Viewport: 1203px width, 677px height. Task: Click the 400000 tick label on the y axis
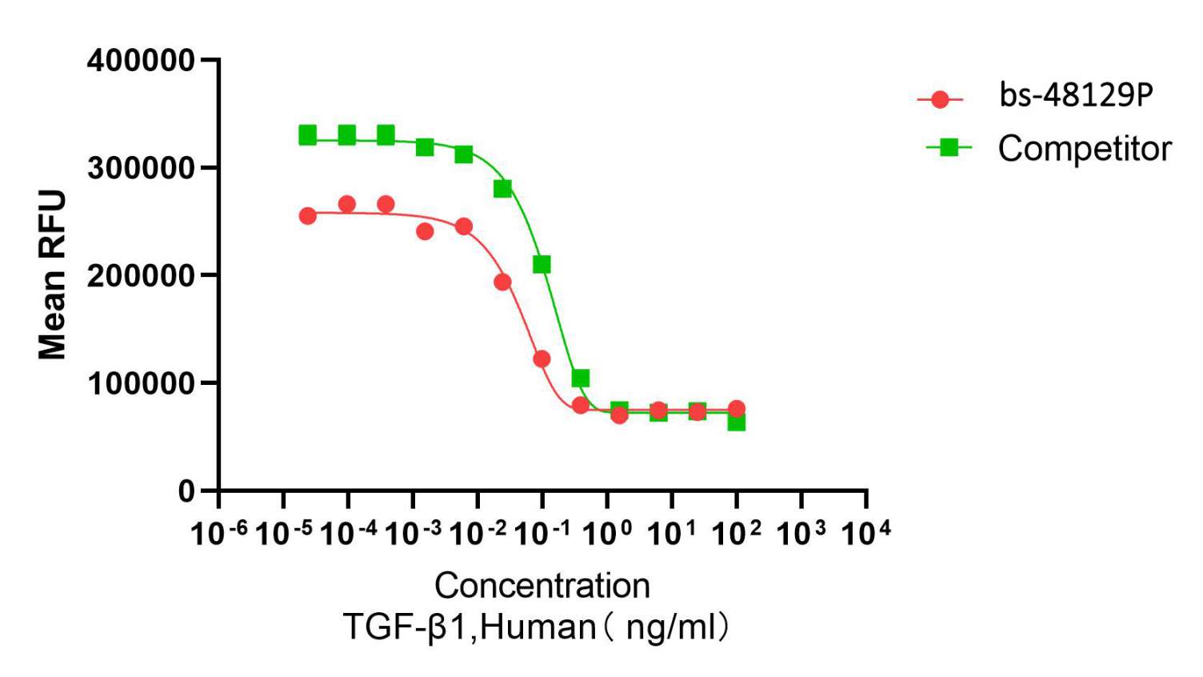[141, 61]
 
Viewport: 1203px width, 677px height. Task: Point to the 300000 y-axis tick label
[141, 169]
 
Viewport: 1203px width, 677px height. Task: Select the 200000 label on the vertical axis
[141, 276]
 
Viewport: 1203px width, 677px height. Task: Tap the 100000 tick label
[141, 384]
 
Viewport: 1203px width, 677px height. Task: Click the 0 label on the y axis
[186, 491]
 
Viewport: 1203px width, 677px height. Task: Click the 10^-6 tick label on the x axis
[218, 533]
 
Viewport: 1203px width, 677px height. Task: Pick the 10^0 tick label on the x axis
[607, 533]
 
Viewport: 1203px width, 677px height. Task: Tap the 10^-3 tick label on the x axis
[413, 533]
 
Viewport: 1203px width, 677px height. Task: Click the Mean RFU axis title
[53, 274]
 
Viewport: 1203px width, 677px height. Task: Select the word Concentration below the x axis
[542, 586]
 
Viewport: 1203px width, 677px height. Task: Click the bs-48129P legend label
[1076, 95]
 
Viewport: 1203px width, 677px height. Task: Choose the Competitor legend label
[1085, 149]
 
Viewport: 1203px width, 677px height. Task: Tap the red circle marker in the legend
[941, 99]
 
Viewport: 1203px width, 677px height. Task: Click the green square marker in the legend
[949, 147]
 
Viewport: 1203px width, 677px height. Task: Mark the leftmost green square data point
[308, 135]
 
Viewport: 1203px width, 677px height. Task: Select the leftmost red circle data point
[308, 215]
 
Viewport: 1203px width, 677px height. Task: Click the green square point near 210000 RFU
[542, 264]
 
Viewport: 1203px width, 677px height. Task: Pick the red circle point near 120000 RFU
[542, 359]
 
